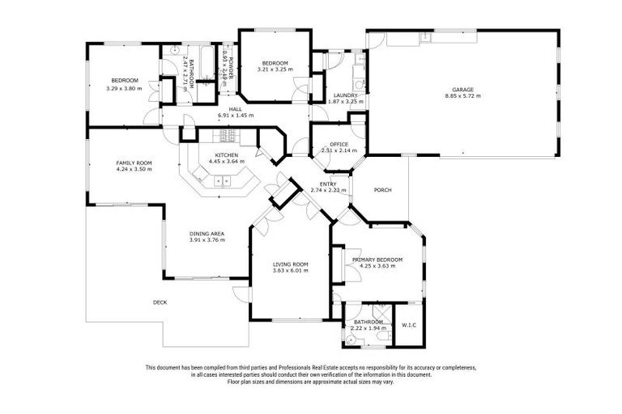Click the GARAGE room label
(x=462, y=89)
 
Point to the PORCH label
(x=382, y=191)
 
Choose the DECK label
(x=160, y=302)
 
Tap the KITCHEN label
(x=226, y=155)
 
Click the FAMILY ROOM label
(x=134, y=163)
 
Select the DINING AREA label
(x=207, y=234)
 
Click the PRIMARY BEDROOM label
(x=377, y=259)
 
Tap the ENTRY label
(x=328, y=184)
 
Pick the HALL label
(x=235, y=109)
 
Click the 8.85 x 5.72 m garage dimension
(x=462, y=95)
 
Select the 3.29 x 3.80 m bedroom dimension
(x=124, y=87)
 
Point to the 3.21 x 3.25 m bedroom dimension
(x=272, y=70)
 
